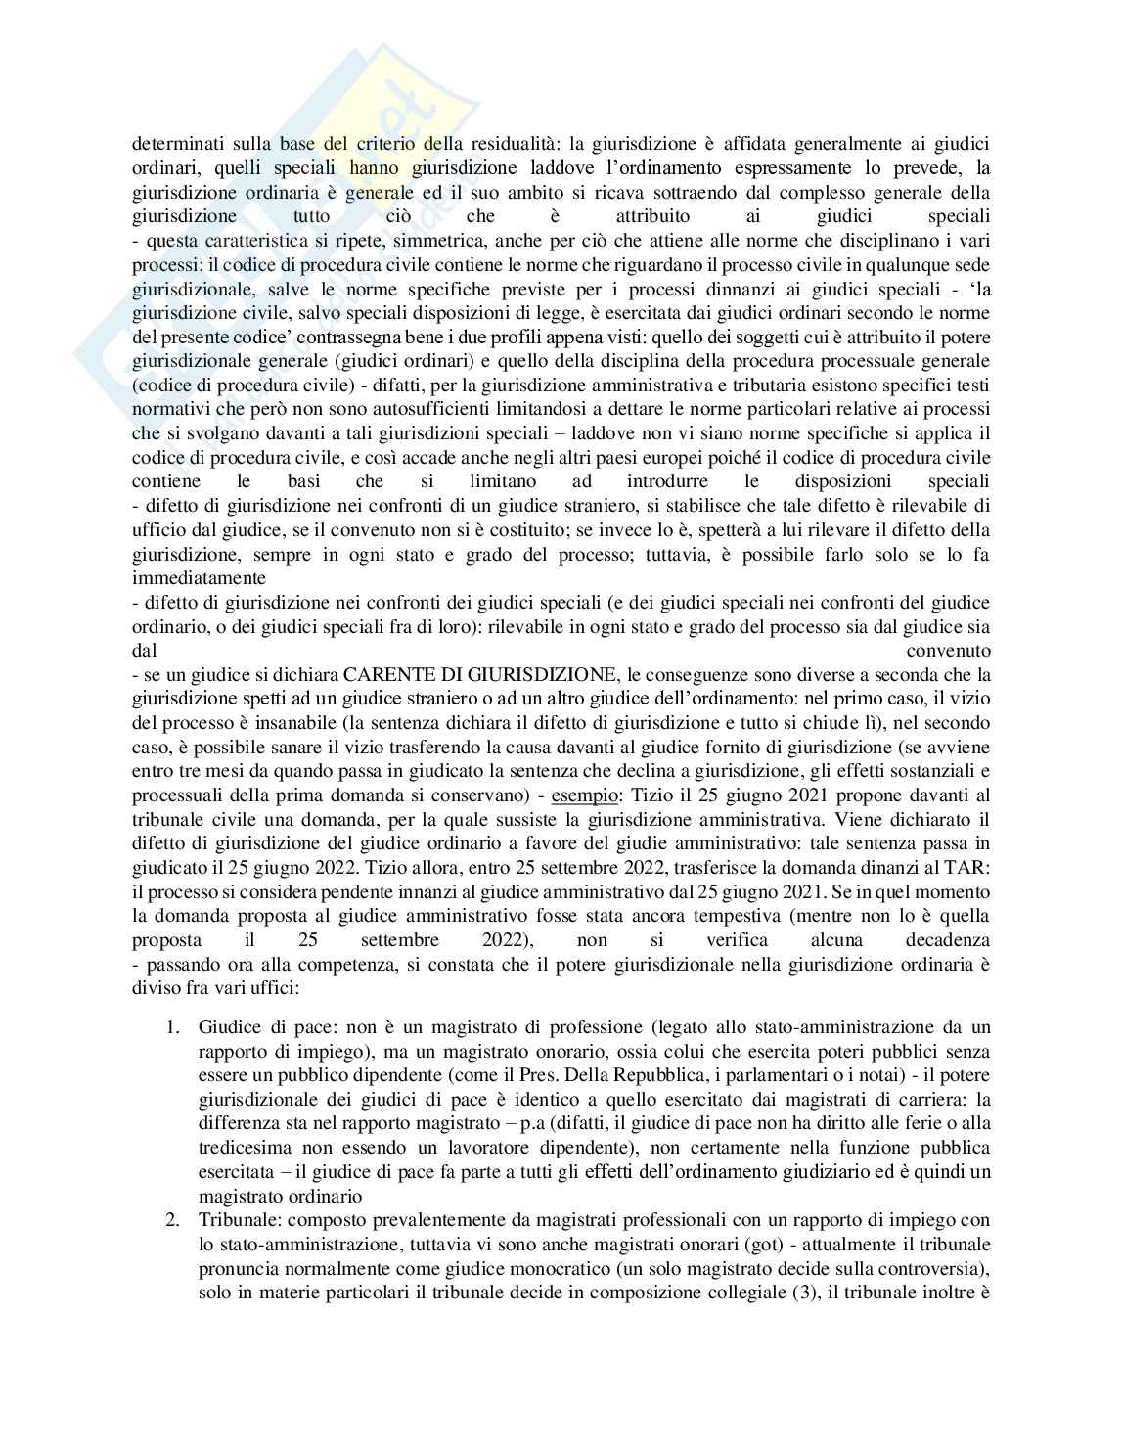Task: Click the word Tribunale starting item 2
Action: point(233,1220)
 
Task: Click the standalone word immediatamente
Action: point(199,579)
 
